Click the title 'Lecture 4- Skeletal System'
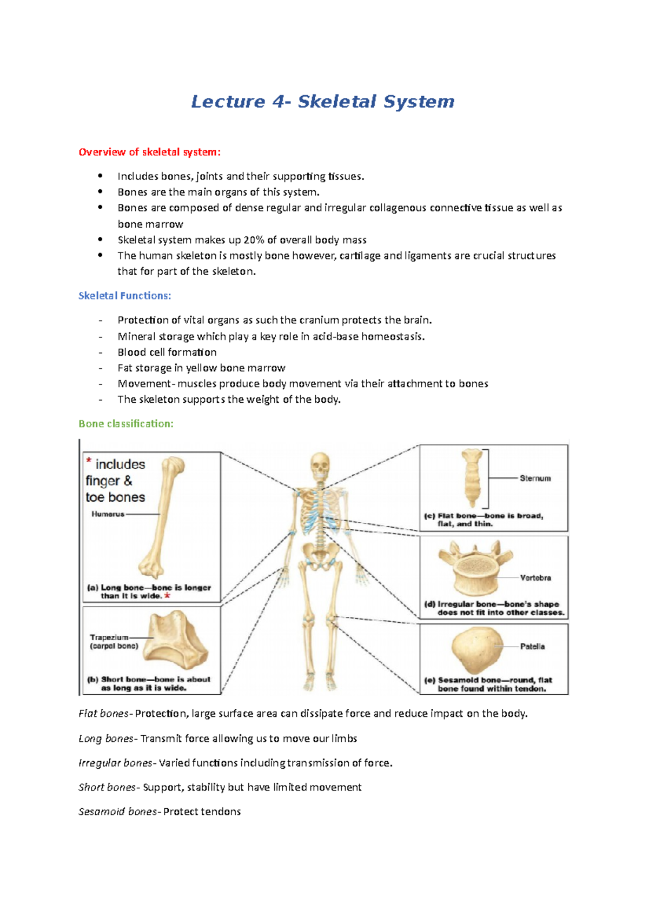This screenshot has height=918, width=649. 323,102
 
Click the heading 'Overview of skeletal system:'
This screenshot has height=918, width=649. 149,152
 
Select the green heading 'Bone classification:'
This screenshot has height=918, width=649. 126,424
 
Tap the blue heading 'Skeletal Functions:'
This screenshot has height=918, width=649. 124,296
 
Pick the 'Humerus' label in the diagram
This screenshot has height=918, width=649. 108,514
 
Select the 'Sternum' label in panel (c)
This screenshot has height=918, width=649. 535,478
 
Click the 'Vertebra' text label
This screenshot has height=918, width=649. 535,578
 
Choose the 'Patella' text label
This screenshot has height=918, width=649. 532,647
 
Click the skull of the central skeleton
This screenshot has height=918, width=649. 320,465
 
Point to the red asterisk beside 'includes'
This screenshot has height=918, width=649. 89,461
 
